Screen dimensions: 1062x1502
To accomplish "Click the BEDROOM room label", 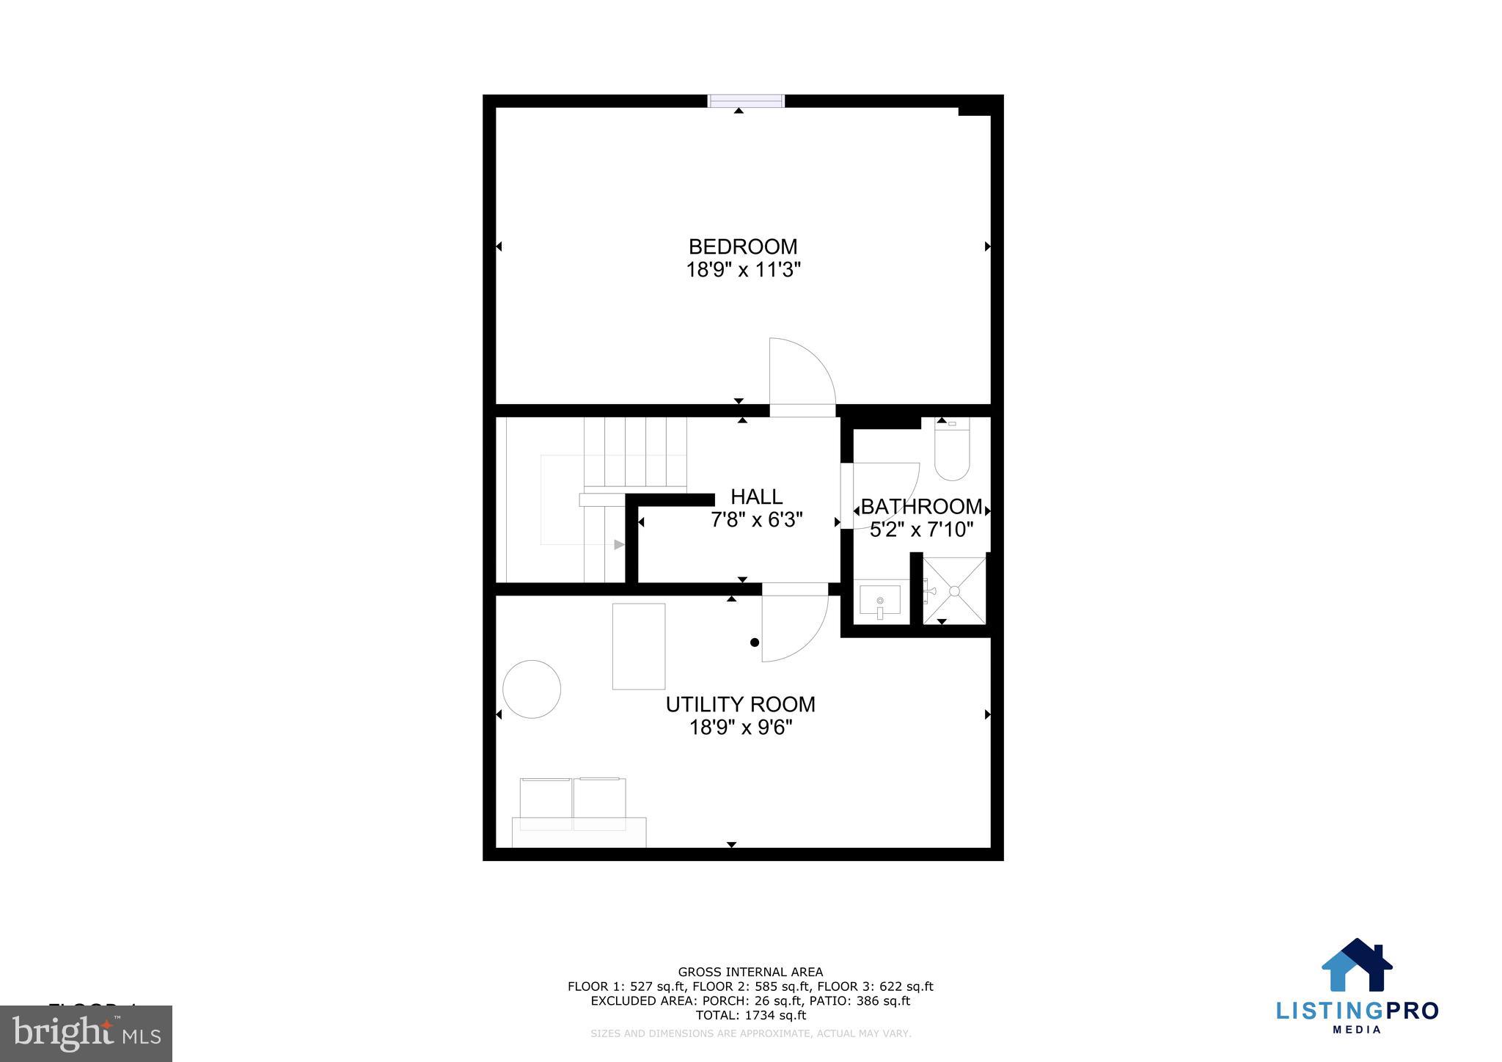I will coord(742,246).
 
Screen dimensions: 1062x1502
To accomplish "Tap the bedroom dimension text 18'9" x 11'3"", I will coord(742,271).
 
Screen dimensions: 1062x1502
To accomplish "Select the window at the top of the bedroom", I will coord(746,101).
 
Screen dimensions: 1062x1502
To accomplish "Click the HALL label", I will coord(756,497).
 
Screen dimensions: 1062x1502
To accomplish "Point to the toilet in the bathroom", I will coord(952,449).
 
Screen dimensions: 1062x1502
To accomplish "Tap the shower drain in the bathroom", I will coord(954,590).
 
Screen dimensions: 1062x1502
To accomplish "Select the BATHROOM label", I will coord(921,506).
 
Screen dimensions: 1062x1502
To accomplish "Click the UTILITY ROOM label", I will coord(740,704).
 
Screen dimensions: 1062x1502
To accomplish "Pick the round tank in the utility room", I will coord(532,689).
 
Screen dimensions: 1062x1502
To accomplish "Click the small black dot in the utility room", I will coord(755,642).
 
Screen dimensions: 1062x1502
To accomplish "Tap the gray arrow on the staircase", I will coord(619,544).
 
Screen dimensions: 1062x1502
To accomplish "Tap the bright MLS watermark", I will coord(87,1033).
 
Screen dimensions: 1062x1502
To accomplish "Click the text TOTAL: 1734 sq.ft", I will coord(750,1015).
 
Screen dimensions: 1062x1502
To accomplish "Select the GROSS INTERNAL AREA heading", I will coord(750,972).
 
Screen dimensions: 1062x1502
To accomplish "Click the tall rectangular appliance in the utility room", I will coord(639,646).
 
